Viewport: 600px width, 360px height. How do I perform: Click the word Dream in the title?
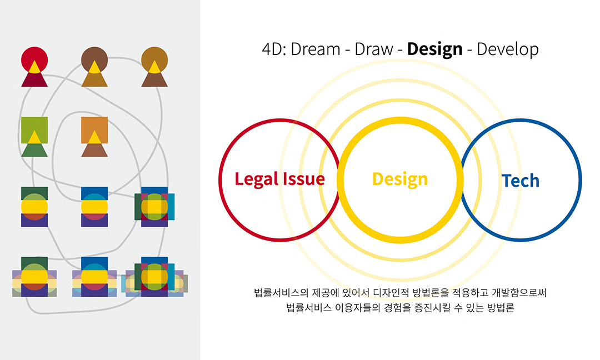pos(316,49)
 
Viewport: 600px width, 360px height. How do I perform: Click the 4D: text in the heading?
pos(274,49)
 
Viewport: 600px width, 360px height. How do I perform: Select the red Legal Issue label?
pos(279,179)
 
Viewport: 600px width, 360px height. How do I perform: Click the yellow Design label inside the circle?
pos(400,179)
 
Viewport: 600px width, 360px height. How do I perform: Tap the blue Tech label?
pos(521,181)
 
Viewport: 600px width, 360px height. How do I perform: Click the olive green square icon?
pos(34,128)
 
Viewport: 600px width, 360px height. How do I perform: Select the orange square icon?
pos(94,128)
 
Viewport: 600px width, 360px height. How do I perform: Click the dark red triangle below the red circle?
pos(34,80)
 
